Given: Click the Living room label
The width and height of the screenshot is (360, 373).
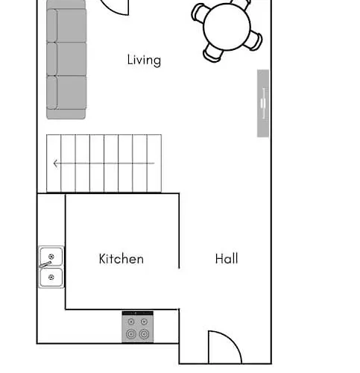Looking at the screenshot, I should click(x=144, y=60).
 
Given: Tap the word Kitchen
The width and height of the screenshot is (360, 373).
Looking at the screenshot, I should click(x=121, y=259).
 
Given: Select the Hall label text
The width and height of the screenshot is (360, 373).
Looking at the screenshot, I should click(x=227, y=259).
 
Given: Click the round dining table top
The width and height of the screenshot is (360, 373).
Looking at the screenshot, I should click(x=227, y=28).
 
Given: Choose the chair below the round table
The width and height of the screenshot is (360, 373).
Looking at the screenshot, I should click(x=213, y=53).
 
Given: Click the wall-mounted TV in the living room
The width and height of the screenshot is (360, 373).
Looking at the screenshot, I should click(x=263, y=103).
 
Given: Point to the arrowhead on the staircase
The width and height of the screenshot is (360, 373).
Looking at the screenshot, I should click(x=55, y=163).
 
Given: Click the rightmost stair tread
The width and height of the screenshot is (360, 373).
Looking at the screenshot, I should click(x=154, y=163).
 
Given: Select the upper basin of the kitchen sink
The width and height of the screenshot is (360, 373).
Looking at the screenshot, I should click(x=51, y=257).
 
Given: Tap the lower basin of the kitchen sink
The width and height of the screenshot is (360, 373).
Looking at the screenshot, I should click(x=51, y=277).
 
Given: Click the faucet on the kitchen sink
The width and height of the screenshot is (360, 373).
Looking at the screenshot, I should click(x=45, y=264).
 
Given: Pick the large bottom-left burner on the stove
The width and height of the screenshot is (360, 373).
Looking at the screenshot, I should click(x=132, y=335).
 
